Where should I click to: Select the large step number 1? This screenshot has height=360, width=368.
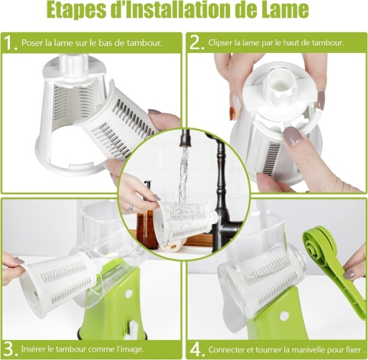11,43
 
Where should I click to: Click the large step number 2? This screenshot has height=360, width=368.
196,43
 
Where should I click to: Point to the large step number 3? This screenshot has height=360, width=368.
11,349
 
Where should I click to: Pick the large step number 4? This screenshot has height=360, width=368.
197,349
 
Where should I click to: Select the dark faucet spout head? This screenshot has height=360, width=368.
186,139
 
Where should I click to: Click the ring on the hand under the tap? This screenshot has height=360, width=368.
130,208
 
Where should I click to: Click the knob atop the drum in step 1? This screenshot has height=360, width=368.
75,63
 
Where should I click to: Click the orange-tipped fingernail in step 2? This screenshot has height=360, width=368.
232,114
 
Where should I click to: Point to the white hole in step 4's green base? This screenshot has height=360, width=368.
284,316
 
